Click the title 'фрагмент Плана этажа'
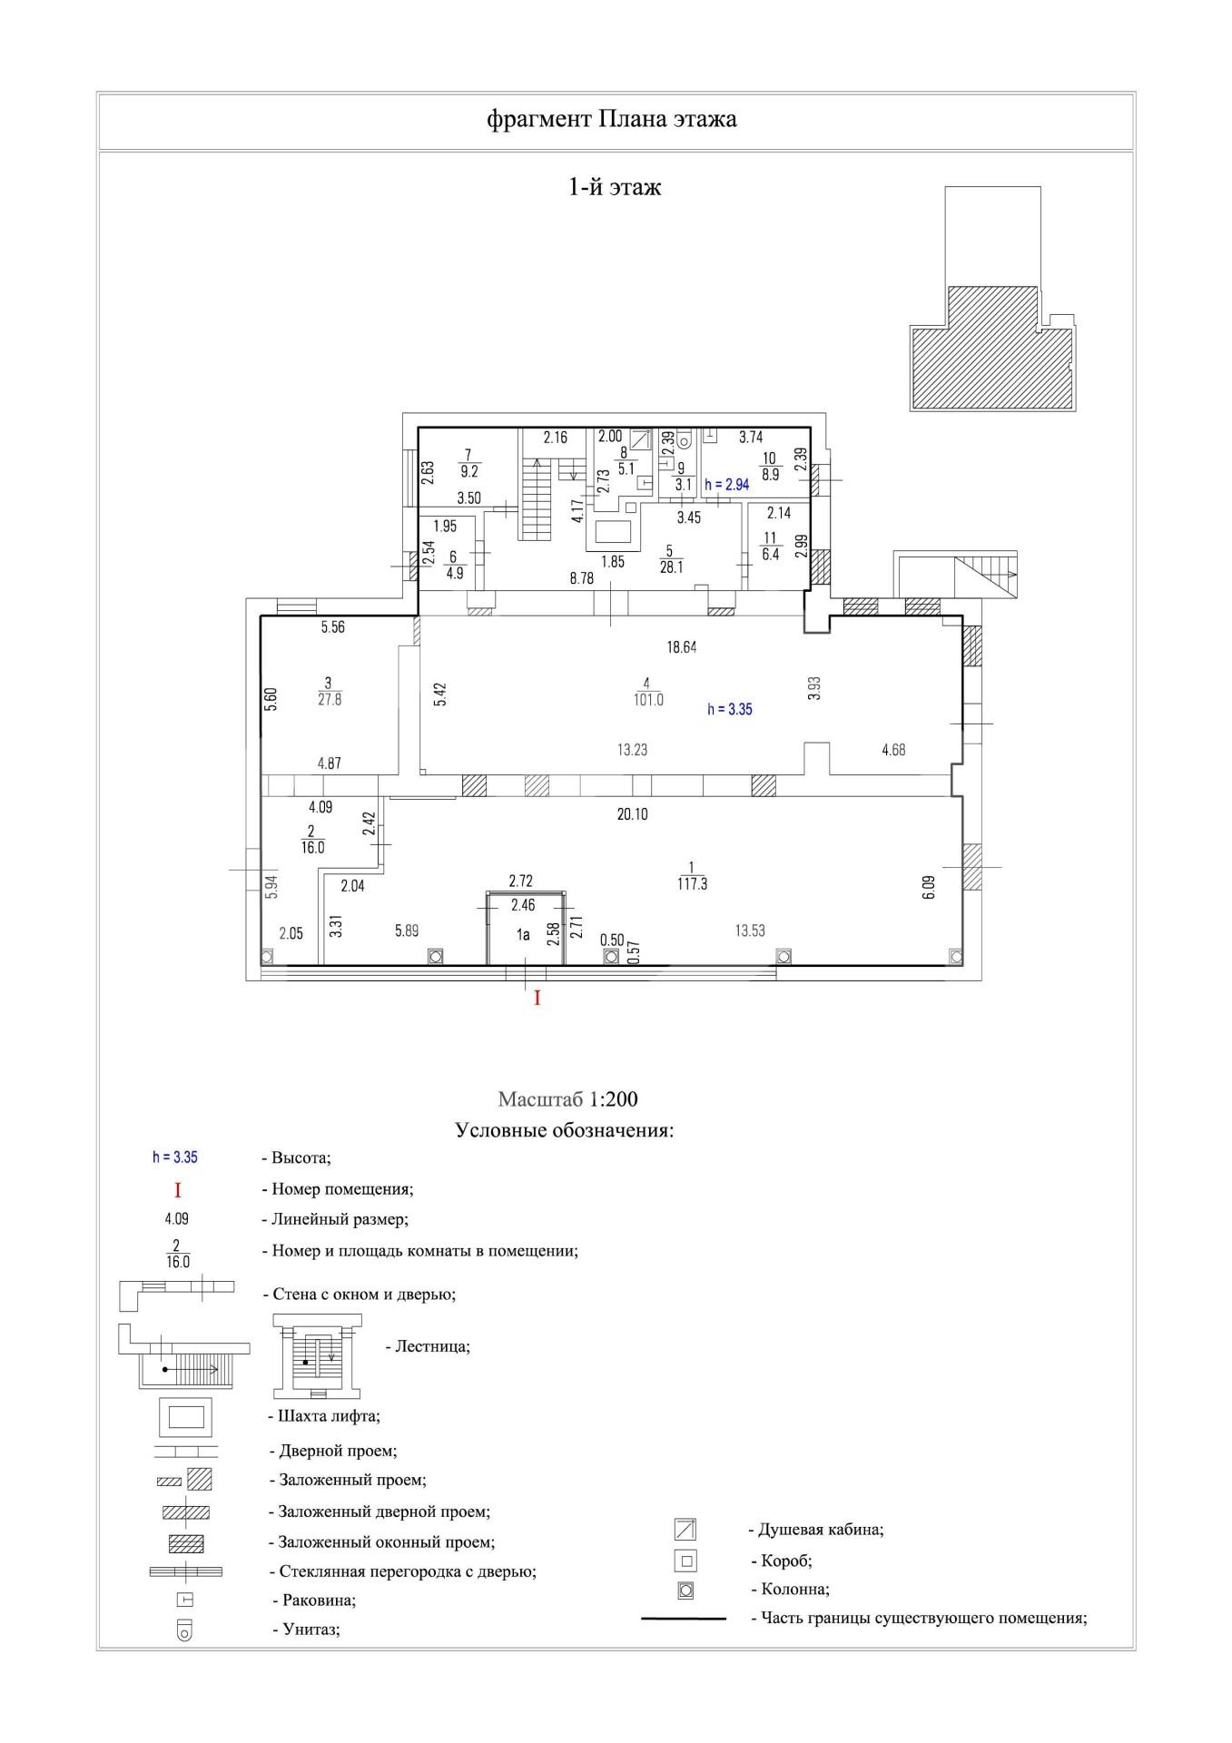tap(612, 119)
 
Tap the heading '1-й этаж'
tap(615, 187)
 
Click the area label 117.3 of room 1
tap(692, 883)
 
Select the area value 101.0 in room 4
tap(648, 700)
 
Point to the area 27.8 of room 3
tap(330, 700)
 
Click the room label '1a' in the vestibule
tap(523, 934)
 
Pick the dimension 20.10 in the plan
tap(632, 814)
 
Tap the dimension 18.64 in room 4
tap(681, 647)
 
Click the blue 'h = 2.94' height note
tap(727, 485)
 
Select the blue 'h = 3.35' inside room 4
tap(730, 710)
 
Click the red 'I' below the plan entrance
tap(537, 999)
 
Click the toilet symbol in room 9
tap(685, 440)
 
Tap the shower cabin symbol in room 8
tap(642, 440)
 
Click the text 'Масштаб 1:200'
tap(567, 1099)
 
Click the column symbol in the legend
tap(685, 1590)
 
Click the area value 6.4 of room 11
tap(771, 555)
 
